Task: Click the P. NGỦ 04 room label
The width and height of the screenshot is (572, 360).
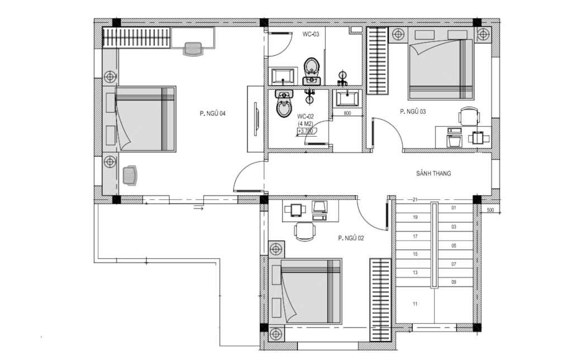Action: point(213,114)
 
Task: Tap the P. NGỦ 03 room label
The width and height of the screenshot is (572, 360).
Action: point(413,112)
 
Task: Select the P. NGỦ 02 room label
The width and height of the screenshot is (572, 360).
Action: point(351,238)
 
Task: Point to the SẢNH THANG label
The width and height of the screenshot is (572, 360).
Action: point(433,174)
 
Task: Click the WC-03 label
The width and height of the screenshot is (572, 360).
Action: point(311,34)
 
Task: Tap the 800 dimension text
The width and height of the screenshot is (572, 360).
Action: point(347,113)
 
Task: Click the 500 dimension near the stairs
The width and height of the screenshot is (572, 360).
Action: point(490,210)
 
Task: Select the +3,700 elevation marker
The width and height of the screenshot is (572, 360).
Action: point(306,131)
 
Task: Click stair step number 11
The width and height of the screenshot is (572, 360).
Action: point(415,304)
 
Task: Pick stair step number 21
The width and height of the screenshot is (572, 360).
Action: point(415,200)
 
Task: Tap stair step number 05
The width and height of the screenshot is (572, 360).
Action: point(454,246)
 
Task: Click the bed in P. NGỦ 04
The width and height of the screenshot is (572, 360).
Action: point(146,119)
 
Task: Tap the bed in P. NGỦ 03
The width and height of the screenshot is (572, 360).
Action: point(441,69)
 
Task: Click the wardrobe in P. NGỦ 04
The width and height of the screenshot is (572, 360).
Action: point(136,37)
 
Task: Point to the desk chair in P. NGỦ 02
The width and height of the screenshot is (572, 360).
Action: point(304,232)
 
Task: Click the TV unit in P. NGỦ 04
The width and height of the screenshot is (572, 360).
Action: point(255,119)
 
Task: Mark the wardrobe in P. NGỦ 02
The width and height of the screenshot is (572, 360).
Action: point(380,300)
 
